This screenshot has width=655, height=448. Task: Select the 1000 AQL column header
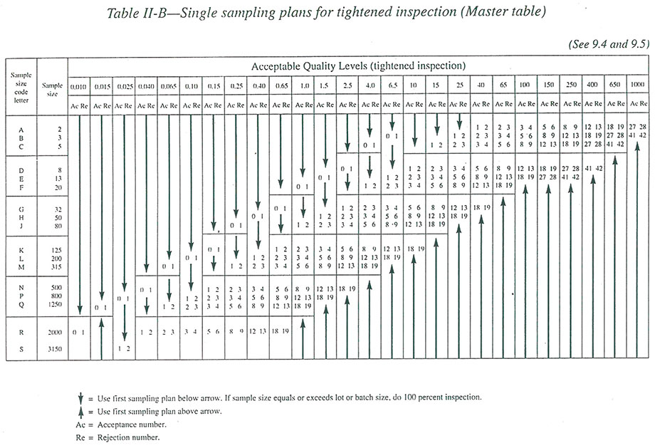click(637, 86)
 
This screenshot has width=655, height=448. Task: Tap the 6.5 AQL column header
click(393, 86)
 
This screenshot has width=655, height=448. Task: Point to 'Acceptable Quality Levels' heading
click(359, 66)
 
